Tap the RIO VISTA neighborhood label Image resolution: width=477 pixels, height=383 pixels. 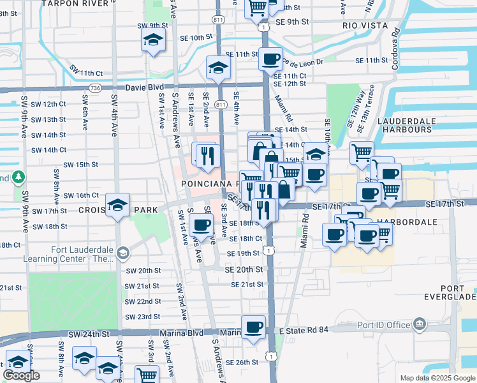coord(365,26)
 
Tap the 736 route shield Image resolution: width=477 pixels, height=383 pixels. coord(95,87)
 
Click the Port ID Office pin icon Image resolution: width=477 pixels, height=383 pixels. coord(420,324)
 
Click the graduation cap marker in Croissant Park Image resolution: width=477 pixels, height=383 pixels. coord(118,205)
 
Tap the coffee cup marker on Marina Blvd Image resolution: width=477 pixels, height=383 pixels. coord(254,327)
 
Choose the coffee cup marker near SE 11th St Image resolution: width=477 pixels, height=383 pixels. coord(270,59)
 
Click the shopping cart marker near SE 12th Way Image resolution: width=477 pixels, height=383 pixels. coord(362,153)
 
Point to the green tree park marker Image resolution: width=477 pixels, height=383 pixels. coord(19,176)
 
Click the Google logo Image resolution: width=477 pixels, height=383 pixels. coord(21,375)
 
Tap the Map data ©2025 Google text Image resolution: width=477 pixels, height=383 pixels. coord(437,378)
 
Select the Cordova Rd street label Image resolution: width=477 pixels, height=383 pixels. coord(396,40)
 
